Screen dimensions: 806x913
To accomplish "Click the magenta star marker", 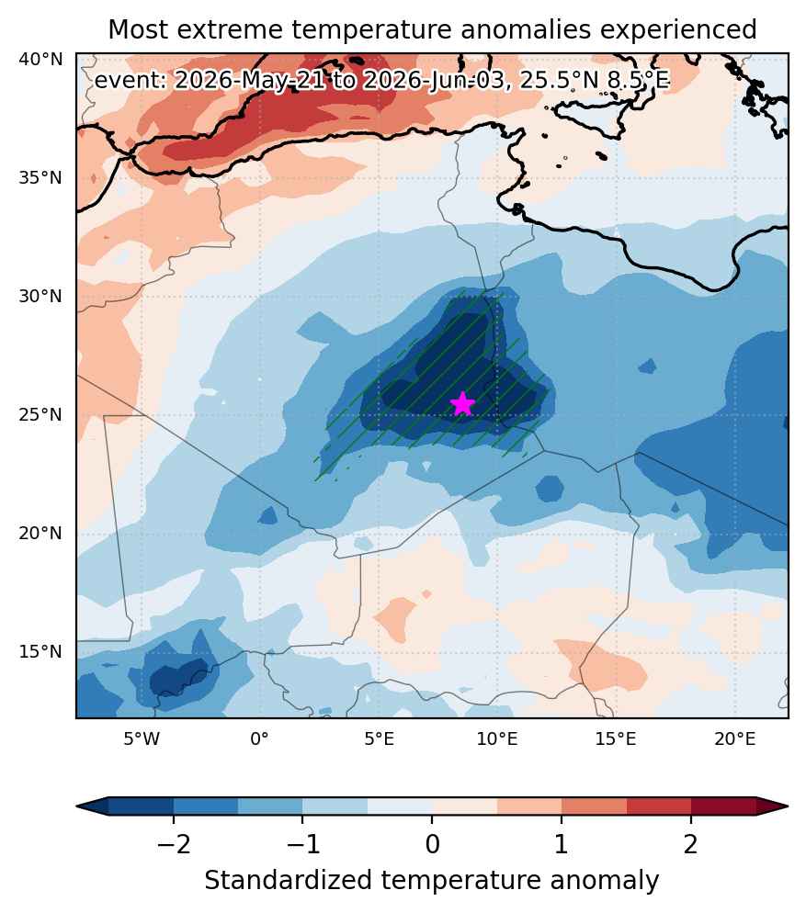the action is (x=462, y=403).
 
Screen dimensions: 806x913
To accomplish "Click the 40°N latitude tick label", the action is (x=40, y=60).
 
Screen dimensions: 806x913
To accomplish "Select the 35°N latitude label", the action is (x=40, y=177).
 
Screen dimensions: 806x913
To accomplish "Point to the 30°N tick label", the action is (x=40, y=297).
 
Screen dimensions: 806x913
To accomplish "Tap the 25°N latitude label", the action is (x=40, y=414).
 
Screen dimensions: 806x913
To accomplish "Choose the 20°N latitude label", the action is (x=40, y=534).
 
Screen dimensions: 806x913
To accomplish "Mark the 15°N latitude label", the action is (x=40, y=651).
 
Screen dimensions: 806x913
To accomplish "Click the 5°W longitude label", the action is (x=141, y=739).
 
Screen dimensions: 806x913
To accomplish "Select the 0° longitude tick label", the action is (x=260, y=739).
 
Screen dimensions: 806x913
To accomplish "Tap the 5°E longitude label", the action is (x=380, y=739).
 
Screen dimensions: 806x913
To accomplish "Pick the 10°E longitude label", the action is (x=497, y=739).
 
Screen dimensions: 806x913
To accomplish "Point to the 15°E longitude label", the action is (x=616, y=739).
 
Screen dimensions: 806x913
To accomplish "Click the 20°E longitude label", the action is (x=735, y=739).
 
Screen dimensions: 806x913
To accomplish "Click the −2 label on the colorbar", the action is (x=174, y=844).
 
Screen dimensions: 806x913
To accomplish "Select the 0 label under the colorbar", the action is (x=432, y=844).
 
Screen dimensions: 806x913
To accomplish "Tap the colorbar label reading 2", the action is (x=690, y=844).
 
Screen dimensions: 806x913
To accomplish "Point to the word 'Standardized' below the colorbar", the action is (x=288, y=880).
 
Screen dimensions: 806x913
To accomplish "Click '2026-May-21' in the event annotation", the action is (x=250, y=80).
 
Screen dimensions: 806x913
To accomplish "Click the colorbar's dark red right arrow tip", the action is (x=788, y=806).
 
